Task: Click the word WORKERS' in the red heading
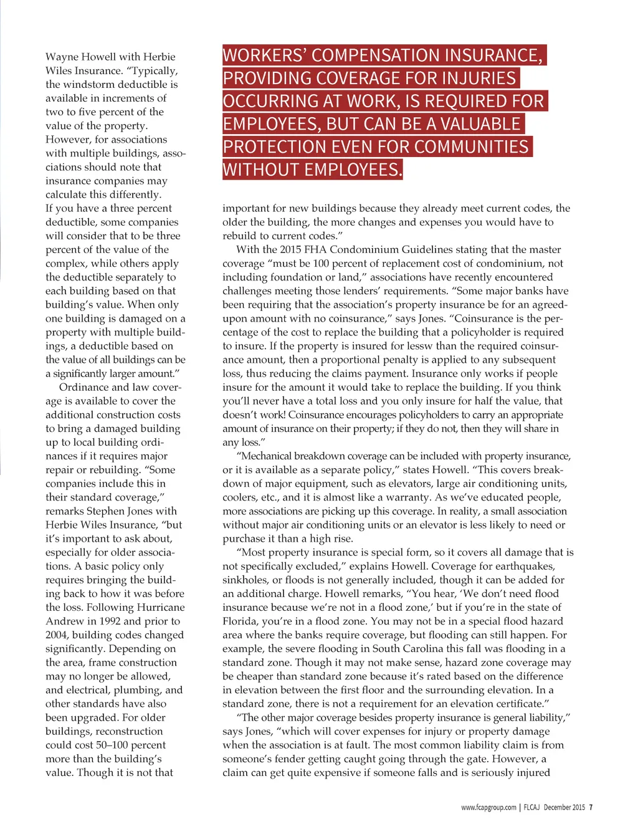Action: [x=264, y=55]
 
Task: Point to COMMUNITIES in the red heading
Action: [x=472, y=147]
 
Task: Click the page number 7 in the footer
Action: [x=591, y=807]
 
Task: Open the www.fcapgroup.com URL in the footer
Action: [x=488, y=807]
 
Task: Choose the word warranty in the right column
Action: [x=406, y=497]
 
